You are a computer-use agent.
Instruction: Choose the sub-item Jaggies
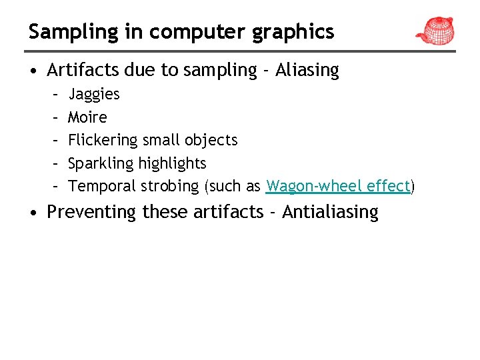click(94, 94)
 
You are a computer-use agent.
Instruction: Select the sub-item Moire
click(87, 117)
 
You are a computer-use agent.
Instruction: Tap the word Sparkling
click(101, 163)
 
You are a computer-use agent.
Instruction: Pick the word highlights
click(175, 163)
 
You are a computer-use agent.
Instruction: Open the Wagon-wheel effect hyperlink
click(338, 186)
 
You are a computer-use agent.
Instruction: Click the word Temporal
click(102, 186)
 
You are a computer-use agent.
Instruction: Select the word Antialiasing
click(330, 212)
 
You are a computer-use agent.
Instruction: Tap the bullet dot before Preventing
click(33, 213)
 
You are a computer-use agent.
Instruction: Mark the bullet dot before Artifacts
click(33, 71)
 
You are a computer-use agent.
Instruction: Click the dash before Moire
click(53, 117)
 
